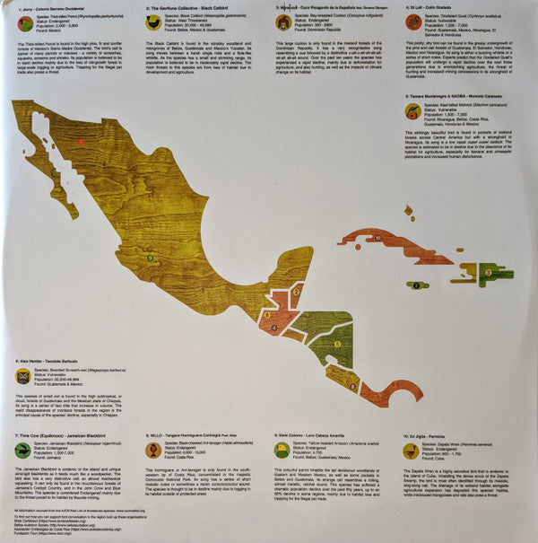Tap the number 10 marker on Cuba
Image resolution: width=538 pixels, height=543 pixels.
(378, 237)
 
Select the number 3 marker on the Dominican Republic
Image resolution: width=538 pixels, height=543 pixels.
(488, 272)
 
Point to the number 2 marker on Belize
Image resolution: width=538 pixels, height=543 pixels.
(289, 299)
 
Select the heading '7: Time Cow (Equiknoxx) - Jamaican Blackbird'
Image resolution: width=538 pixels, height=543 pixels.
(58, 434)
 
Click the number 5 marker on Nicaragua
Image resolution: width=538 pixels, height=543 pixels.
(336, 343)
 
